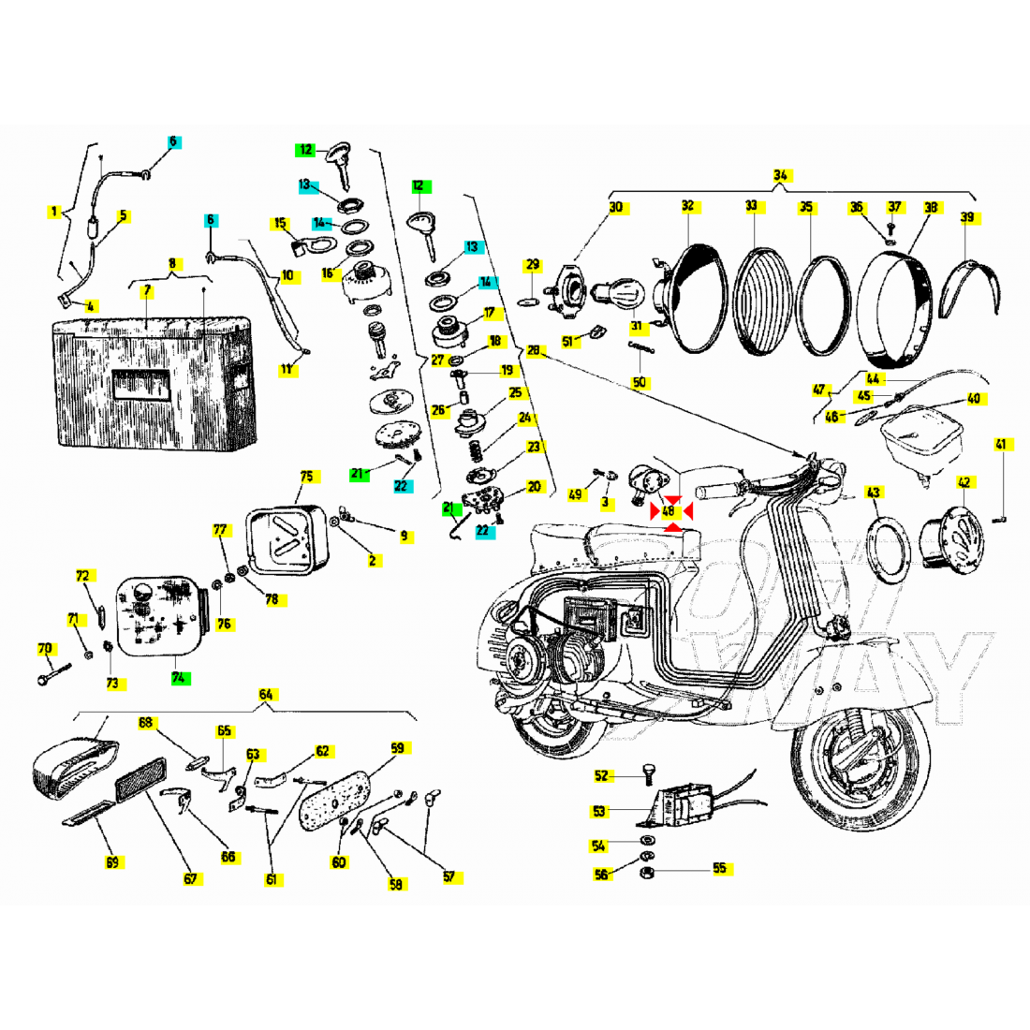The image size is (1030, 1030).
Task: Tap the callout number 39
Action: tap(967, 217)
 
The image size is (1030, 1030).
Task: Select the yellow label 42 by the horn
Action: tap(964, 483)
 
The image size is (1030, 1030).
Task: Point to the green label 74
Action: tap(180, 676)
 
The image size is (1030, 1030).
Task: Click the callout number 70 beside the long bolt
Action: tap(45, 648)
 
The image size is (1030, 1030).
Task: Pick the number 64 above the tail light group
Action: tap(266, 695)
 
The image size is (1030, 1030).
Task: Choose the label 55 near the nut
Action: tap(719, 868)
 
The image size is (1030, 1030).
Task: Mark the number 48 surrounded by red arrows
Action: tap(669, 511)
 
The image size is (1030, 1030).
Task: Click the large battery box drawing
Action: tap(154, 384)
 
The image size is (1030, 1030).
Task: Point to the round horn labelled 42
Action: tap(949, 538)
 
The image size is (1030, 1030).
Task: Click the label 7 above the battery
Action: tap(147, 291)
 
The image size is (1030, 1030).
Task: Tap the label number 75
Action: tap(306, 476)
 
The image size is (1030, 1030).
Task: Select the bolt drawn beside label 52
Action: tap(645, 773)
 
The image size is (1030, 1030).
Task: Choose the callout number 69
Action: tap(112, 862)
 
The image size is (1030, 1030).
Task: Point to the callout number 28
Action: tap(533, 351)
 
